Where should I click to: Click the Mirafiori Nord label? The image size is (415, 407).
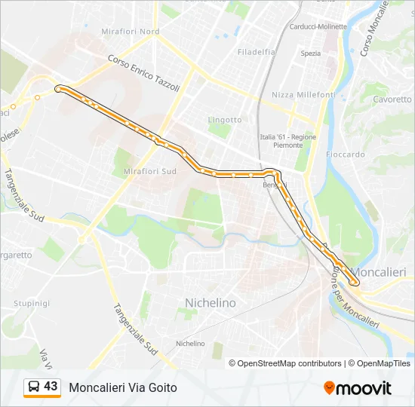click(x=130, y=32)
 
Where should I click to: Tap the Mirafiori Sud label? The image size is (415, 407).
click(x=149, y=172)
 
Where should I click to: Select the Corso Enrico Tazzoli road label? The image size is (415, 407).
click(x=143, y=73)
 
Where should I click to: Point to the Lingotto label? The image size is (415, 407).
click(x=225, y=120)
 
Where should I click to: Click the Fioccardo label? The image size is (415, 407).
click(x=346, y=154)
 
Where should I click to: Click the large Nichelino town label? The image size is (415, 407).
click(x=211, y=302)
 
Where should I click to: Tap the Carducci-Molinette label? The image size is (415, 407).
click(x=318, y=26)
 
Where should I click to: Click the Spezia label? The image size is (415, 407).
click(x=310, y=54)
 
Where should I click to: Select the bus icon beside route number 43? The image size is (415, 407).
click(x=34, y=387)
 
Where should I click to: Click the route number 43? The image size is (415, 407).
click(x=51, y=386)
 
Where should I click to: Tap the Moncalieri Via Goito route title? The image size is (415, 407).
click(x=123, y=387)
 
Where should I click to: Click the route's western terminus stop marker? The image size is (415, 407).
click(x=57, y=89)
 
